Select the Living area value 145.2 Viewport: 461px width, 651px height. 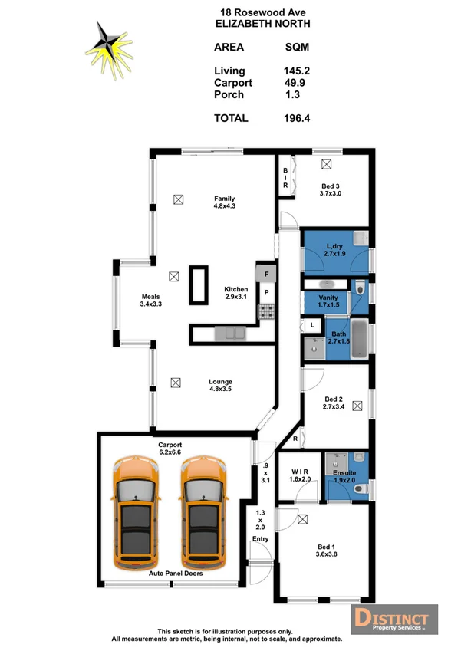pyautogui.click(x=296, y=71)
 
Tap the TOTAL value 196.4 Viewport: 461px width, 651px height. pyautogui.click(x=296, y=118)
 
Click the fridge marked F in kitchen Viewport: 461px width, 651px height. pyautogui.click(x=266, y=273)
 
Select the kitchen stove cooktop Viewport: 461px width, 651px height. pyautogui.click(x=266, y=312)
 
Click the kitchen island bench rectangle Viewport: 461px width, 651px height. pyautogui.click(x=199, y=285)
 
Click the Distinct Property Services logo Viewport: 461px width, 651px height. pyautogui.click(x=393, y=619)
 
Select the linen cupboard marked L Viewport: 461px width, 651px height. pyautogui.click(x=313, y=325)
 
